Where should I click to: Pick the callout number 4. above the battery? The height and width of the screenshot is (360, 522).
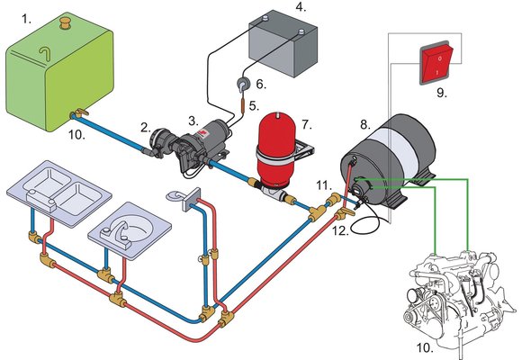point(300,8)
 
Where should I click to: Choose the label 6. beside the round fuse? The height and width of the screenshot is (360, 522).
point(261,83)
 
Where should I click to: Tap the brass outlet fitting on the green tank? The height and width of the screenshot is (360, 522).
point(77,114)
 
